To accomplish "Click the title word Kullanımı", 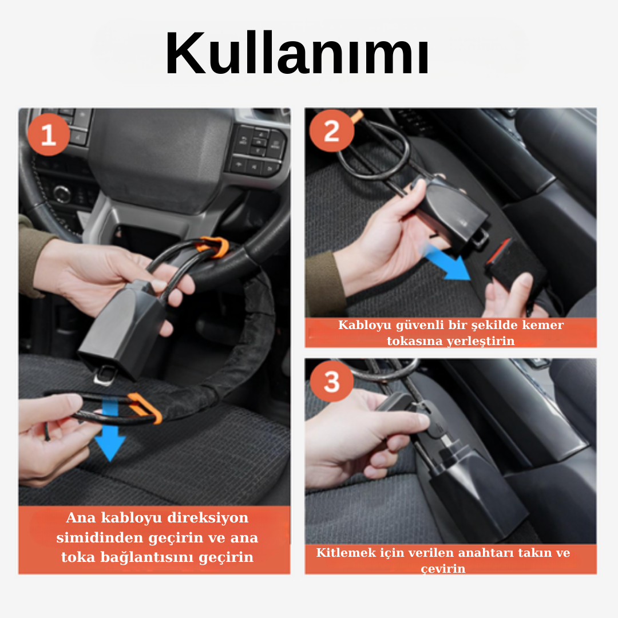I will pos(298,55).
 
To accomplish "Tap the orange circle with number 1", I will pos(49,135).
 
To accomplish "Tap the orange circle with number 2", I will pos(331,131).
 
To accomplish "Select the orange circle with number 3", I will pos(331,381).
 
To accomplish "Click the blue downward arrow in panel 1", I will pos(110,432).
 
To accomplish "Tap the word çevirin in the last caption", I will pos(443,569).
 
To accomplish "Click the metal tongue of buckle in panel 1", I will pos(104,375).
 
